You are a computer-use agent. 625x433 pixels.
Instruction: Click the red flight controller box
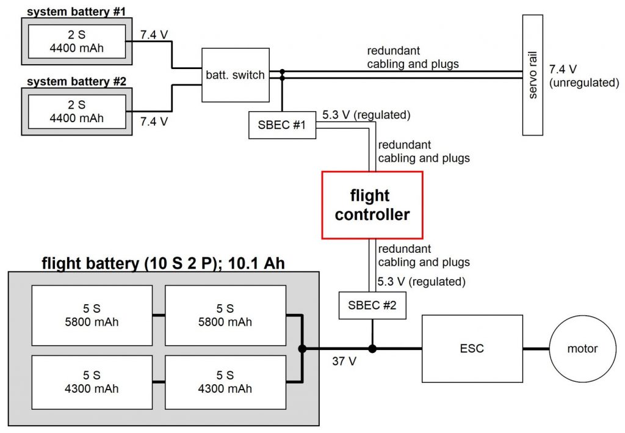click(x=372, y=205)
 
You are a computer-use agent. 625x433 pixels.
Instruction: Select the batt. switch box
click(x=235, y=75)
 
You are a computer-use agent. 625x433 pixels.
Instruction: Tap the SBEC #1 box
click(x=282, y=125)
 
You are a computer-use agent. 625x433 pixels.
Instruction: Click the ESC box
click(x=472, y=349)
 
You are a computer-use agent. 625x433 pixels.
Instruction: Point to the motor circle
click(x=583, y=349)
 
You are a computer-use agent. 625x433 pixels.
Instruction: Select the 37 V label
click(x=344, y=361)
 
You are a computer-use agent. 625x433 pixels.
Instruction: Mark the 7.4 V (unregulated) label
click(x=583, y=76)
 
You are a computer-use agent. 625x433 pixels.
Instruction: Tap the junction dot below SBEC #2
click(x=372, y=349)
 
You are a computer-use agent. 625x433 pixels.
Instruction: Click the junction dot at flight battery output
click(x=302, y=349)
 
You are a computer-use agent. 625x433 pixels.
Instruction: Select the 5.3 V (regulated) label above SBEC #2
click(x=422, y=282)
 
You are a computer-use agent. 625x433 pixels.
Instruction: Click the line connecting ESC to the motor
click(x=536, y=349)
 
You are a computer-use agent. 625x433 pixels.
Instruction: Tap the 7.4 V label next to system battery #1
click(x=154, y=35)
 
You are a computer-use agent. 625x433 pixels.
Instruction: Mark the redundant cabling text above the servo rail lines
click(x=413, y=57)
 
